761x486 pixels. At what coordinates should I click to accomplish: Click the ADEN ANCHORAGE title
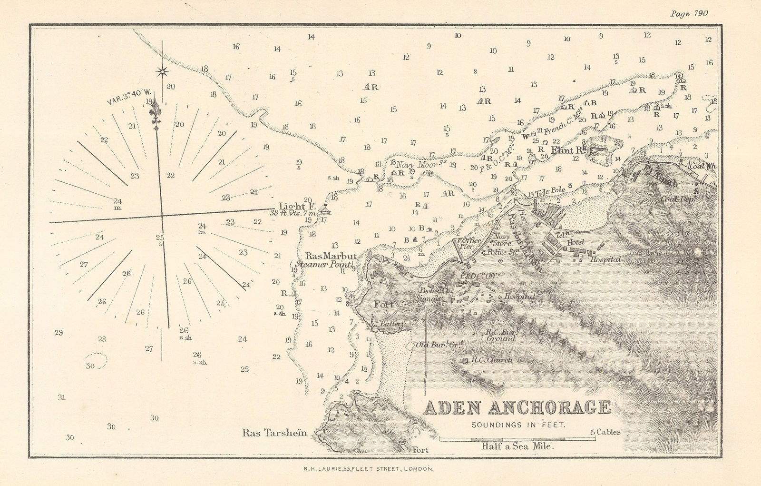tap(517, 408)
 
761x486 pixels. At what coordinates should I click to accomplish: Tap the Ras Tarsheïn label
tap(273, 433)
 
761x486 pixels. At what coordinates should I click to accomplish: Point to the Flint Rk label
tap(567, 150)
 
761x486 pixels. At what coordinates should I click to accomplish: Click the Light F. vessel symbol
tap(325, 209)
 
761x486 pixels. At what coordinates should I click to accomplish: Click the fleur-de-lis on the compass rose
tap(155, 114)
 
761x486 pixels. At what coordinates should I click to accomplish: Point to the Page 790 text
tap(689, 13)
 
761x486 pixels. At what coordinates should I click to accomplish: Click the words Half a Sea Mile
tap(518, 446)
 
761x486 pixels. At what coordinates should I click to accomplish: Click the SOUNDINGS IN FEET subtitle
tap(518, 425)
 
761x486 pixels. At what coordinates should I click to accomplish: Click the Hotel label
tap(576, 243)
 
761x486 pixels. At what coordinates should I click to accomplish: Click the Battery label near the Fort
tap(391, 324)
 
